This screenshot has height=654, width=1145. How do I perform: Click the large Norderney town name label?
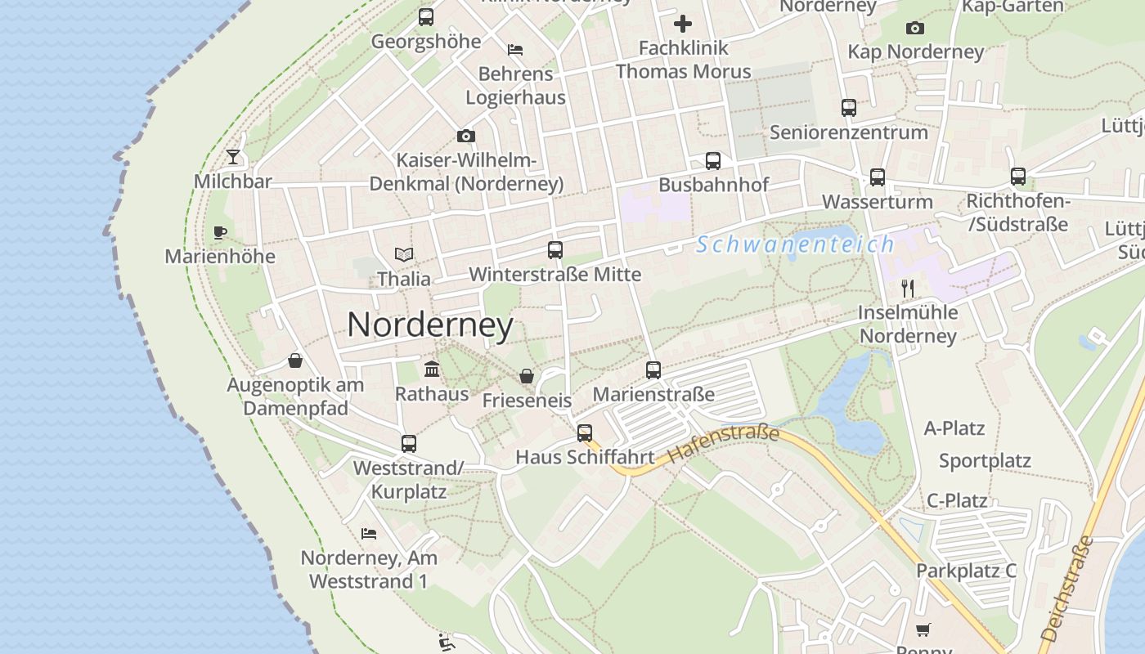coord(430,325)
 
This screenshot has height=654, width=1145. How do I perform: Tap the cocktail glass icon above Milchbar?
coord(234,157)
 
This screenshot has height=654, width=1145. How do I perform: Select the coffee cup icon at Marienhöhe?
coord(219,233)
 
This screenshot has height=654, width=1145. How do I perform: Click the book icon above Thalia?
coord(403,254)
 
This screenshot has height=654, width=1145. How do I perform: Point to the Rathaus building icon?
coord(432,370)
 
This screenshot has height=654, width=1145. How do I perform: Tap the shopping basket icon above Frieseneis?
coord(527,376)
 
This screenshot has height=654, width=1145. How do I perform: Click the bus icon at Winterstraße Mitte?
coord(555,250)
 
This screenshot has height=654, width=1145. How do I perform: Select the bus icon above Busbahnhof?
coord(713,161)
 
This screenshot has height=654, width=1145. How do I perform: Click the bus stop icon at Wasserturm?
coord(878,177)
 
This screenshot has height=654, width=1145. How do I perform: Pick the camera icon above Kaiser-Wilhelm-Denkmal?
coord(466,136)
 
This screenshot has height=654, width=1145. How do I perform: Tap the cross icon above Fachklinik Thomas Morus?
coord(683,24)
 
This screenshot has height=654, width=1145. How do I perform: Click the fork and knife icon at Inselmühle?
coord(907,288)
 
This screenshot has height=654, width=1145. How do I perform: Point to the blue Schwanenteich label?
coord(796,244)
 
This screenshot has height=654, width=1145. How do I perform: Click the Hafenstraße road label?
coord(723,445)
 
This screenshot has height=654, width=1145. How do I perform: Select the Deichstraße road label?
coord(1066,588)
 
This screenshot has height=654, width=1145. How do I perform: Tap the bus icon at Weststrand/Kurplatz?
coord(409,444)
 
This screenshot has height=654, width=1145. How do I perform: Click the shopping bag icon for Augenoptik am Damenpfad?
coord(294,361)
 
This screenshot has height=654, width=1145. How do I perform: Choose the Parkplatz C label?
coord(966,571)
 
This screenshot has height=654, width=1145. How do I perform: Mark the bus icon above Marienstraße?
coord(653,370)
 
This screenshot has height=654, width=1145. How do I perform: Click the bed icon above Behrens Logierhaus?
coord(515,50)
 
